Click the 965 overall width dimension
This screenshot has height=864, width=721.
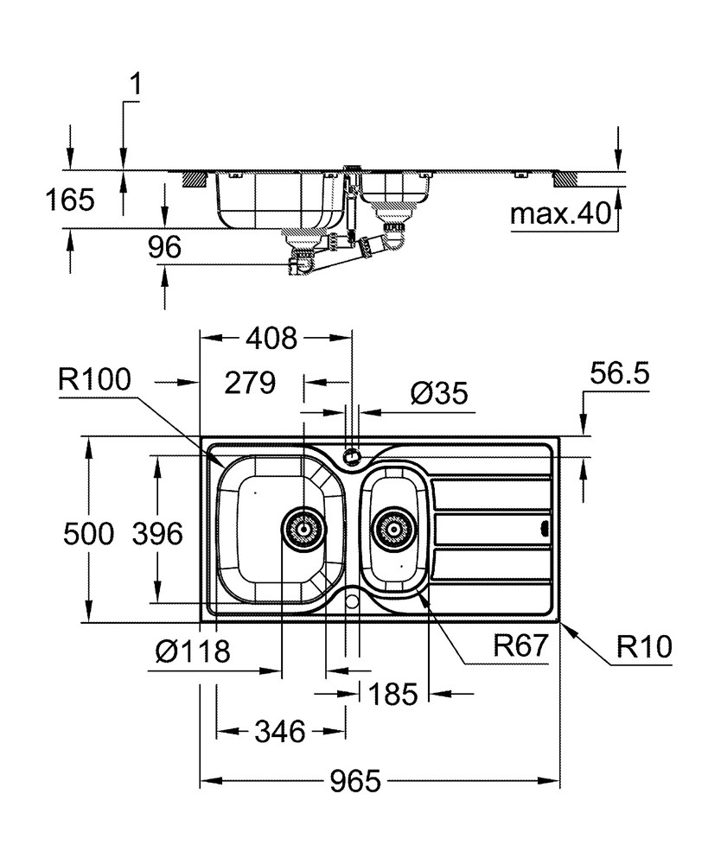(355, 780)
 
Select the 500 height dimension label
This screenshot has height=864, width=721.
(89, 533)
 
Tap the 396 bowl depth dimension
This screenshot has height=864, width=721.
(157, 533)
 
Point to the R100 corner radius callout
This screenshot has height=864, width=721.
(95, 379)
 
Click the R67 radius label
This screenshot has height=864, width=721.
(520, 645)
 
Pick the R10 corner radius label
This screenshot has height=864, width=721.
(644, 646)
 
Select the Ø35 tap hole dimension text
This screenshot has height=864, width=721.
(439, 393)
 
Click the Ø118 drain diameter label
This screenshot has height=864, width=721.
(193, 651)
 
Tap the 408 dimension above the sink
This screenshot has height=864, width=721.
(271, 338)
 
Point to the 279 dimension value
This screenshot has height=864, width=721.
(250, 382)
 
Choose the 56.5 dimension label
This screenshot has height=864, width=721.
(620, 373)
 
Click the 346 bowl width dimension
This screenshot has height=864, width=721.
(280, 731)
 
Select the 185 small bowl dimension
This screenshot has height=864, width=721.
(393, 694)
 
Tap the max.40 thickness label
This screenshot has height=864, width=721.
(561, 213)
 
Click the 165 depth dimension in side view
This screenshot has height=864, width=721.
(70, 200)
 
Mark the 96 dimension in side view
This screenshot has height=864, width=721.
(164, 247)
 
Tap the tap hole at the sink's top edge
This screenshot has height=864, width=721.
(351, 455)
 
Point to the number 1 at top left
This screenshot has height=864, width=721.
(135, 86)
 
